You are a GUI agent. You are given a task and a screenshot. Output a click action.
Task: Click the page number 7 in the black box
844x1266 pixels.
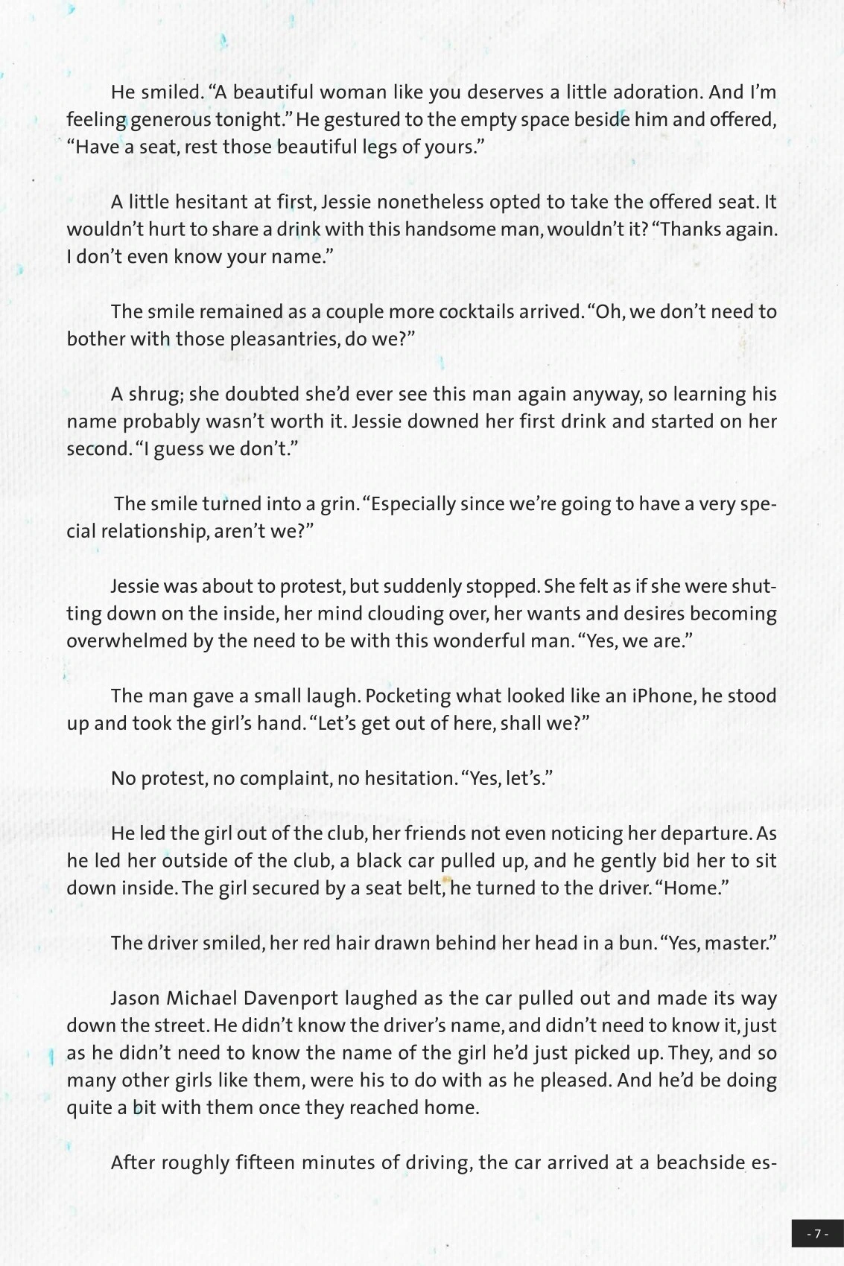point(817,1233)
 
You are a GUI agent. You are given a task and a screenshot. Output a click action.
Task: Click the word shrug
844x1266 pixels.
point(155,394)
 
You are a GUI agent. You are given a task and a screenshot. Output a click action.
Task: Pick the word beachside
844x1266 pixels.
point(700,1162)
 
